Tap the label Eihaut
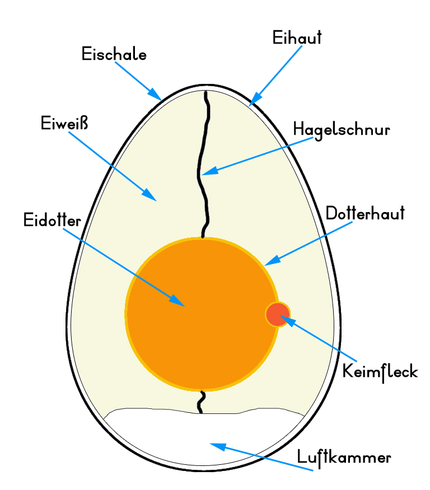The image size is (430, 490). (x=297, y=37)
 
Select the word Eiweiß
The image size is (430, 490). (x=65, y=123)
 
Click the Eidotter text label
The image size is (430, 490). (x=53, y=220)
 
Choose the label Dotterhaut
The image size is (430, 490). (x=364, y=214)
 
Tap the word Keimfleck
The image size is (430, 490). (x=380, y=371)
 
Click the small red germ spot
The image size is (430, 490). (x=278, y=314)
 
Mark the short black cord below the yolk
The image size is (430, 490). (x=202, y=402)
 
